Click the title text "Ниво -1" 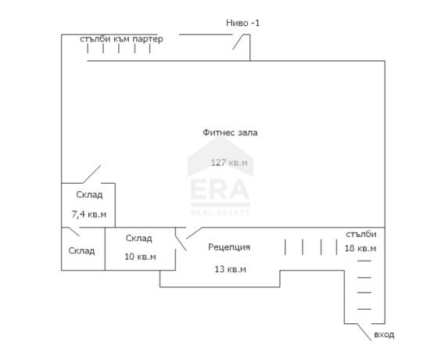pos(243,23)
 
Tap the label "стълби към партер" pos(121,39)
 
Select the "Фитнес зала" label pos(230,132)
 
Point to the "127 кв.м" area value pos(229,163)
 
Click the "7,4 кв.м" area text pos(89,214)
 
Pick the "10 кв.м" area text pos(140,257)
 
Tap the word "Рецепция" pos(229,247)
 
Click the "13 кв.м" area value pos(231,269)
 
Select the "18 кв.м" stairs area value pos(360,248)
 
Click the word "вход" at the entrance pos(384,335)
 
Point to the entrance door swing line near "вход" pos(364,332)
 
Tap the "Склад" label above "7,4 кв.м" pos(89,195)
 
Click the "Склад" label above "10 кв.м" pos(138,239)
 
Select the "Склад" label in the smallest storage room pos(81,250)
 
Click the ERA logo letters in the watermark pos(220,189)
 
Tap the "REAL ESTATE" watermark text pos(220,212)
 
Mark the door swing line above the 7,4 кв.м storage pos(91,175)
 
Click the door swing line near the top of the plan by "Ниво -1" pos(238,42)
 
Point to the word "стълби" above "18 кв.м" pos(360,234)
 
